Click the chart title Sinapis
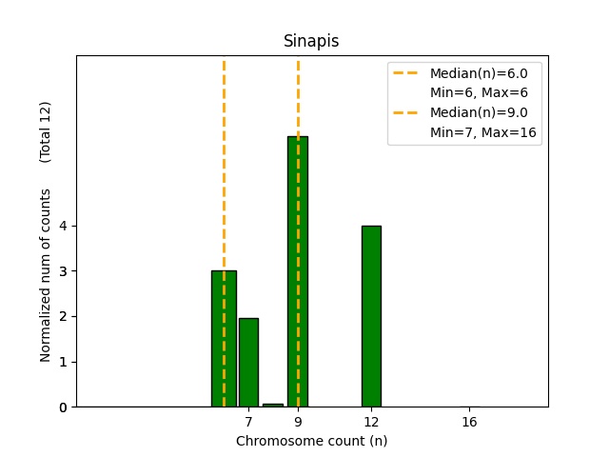pyautogui.click(x=311, y=42)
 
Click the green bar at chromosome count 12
pyautogui.click(x=371, y=316)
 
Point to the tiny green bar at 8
pyautogui.click(x=273, y=405)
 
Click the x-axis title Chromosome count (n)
pyautogui.click(x=311, y=441)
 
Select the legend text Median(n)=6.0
pyautogui.click(x=485, y=73)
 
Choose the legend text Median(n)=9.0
pyautogui.click(x=485, y=113)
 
